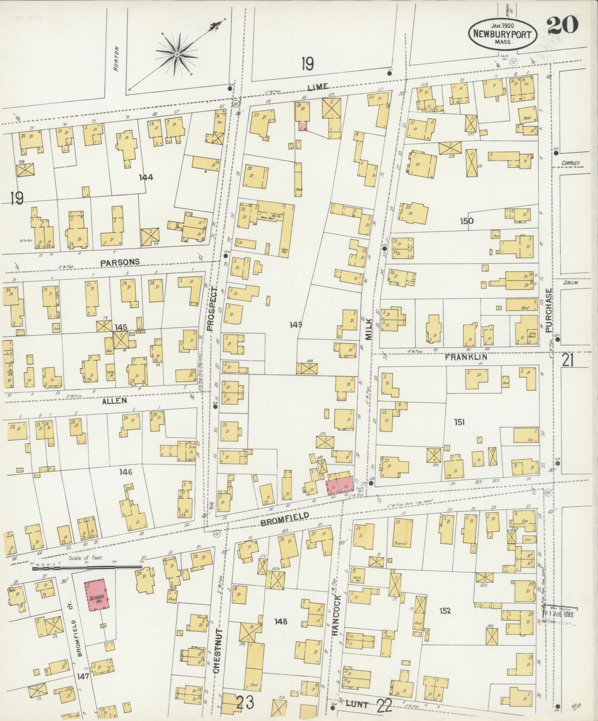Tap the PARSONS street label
(120, 262)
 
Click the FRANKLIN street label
(466, 357)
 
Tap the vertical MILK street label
(370, 329)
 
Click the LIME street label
(318, 87)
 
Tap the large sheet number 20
(563, 25)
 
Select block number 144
(146, 177)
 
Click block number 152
(445, 611)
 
